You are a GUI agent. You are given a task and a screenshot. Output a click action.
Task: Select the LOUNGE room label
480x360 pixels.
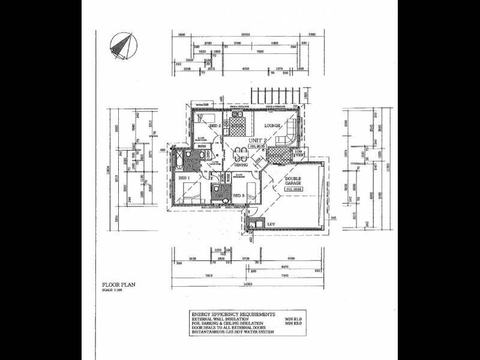tap(273, 126)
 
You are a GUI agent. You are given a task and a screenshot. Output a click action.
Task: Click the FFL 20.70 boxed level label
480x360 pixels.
tap(257, 146)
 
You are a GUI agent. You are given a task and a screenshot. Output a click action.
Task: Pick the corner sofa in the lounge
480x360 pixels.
tap(289, 129)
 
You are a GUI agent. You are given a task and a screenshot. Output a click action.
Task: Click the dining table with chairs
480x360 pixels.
tap(241, 152)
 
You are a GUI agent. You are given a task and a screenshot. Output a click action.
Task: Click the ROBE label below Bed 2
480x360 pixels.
tap(203, 145)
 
